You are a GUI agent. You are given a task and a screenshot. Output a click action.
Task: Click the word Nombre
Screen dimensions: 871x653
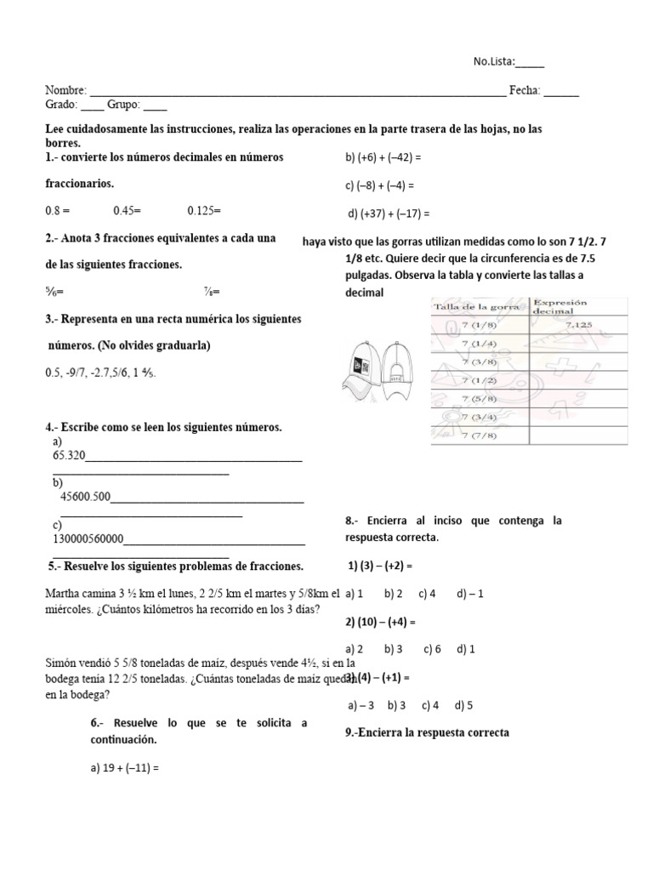[x=65, y=91]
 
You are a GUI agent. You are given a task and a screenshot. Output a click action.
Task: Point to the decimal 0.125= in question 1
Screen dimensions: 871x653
[x=204, y=209]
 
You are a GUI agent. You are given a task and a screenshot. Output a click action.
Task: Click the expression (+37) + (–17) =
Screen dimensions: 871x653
[x=389, y=213]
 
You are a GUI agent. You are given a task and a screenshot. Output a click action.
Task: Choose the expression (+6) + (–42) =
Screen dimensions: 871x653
[x=383, y=157]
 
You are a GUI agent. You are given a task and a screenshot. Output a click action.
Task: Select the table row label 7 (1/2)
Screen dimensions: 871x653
[x=480, y=379]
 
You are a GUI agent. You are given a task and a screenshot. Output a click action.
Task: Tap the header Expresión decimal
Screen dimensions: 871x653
[x=564, y=306]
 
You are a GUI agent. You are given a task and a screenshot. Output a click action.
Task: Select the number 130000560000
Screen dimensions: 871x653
[x=88, y=539]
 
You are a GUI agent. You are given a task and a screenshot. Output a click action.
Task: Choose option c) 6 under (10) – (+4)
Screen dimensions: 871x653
[x=432, y=649]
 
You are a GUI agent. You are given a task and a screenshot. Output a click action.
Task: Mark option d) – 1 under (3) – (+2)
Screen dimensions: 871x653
[x=469, y=594]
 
